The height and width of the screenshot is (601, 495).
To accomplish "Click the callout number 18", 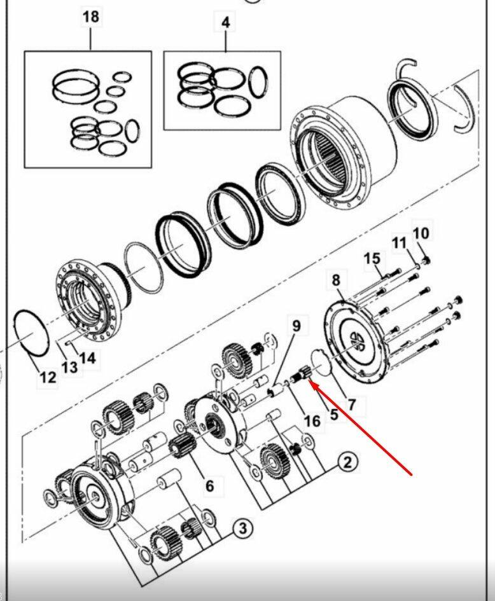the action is coord(91,17).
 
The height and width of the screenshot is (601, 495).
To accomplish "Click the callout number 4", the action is coord(226,22).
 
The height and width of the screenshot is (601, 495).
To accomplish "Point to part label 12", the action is coord(48,378).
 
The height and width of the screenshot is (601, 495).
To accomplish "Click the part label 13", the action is coord(70,367).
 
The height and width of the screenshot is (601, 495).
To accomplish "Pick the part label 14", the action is coord(87,357).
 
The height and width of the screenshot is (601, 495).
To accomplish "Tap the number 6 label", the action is coord(209,486).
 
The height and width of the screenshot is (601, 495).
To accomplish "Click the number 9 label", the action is coord(296,326).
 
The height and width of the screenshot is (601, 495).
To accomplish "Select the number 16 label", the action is coord(312,421).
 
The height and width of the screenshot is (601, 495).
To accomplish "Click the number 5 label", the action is coord(333,414).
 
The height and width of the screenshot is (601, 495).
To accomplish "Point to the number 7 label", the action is coord(351,404).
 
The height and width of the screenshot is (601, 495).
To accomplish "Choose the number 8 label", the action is coord(336,280).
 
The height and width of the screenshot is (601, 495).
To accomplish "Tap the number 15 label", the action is coord(372,259).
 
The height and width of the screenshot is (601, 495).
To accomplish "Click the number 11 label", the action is coord(399,242).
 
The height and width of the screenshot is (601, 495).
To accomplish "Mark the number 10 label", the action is coord(421,233).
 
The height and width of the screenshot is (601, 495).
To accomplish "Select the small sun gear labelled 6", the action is coord(182,446).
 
